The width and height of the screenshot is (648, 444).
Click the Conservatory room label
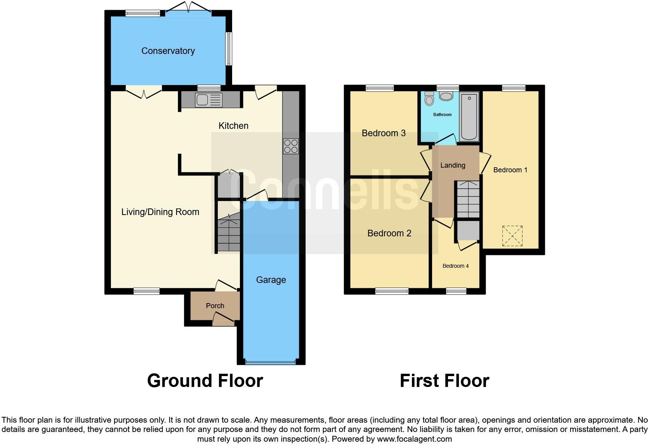click(x=168, y=51)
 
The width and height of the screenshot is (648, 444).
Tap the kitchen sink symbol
click(x=209, y=100)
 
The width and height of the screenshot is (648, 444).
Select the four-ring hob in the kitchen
click(x=291, y=146)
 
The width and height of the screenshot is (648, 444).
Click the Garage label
click(x=271, y=280)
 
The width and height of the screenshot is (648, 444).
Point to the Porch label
click(x=215, y=306)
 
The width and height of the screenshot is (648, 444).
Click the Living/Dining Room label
click(x=160, y=212)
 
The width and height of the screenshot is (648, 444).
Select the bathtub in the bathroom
click(x=469, y=116)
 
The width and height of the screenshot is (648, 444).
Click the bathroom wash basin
click(x=446, y=95)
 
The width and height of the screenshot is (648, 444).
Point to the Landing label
click(x=453, y=165)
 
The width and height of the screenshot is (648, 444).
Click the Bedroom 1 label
click(x=510, y=170)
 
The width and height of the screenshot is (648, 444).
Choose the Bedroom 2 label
click(x=389, y=233)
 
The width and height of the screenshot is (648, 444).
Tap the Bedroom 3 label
click(x=383, y=133)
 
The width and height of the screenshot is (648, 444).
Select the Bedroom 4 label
click(x=455, y=266)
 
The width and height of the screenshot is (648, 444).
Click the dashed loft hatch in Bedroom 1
click(x=512, y=236)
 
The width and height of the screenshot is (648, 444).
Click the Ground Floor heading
click(x=205, y=381)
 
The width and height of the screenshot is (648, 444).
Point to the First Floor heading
click(x=444, y=381)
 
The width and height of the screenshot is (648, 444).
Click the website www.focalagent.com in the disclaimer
click(x=414, y=439)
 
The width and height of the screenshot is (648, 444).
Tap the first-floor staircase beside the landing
click(x=468, y=199)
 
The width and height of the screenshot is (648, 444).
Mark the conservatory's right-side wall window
click(x=229, y=49)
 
